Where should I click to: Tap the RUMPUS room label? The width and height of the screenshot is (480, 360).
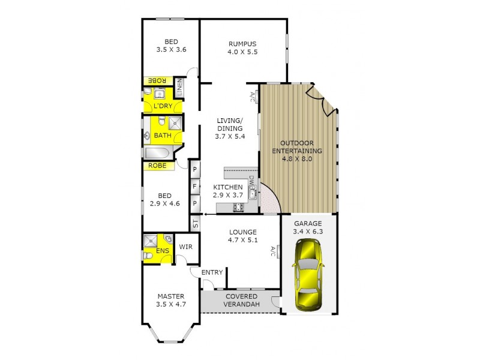242,43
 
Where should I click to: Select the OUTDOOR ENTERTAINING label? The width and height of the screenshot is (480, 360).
298,146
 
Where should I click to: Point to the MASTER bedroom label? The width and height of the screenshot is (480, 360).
170,296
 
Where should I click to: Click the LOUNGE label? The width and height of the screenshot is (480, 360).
243,232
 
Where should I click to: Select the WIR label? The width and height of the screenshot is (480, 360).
185,247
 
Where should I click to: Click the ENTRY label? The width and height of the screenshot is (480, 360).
212,272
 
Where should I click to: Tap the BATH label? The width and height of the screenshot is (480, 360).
162,136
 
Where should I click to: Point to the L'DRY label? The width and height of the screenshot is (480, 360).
163,106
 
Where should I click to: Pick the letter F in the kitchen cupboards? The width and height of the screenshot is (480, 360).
194,187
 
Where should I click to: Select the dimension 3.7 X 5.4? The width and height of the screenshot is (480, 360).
229,137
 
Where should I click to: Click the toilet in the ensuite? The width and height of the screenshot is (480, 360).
148,256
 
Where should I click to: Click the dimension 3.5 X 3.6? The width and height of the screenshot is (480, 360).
171,50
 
